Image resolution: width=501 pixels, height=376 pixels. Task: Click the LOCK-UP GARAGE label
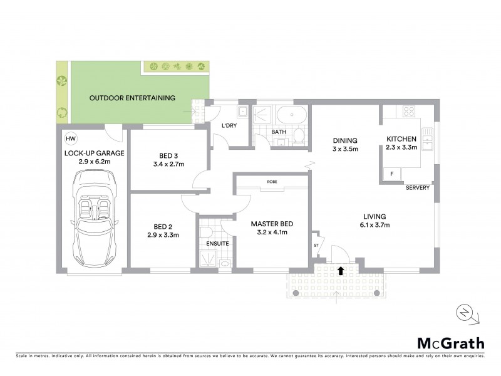pos(95,153)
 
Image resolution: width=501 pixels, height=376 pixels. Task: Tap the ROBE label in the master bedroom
pos(272,182)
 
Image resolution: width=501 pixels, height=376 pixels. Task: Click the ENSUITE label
pos(217,243)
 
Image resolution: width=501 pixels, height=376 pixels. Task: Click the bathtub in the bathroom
pos(292,116)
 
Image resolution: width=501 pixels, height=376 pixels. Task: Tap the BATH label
pos(279,132)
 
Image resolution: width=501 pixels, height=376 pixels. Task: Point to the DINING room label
pos(344,140)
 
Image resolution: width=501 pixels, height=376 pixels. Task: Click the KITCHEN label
pos(401,138)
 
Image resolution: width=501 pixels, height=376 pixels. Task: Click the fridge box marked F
pos(392,173)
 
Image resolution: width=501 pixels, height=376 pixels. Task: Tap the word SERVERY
pos(417,188)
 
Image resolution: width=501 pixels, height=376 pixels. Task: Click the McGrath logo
pos(451,343)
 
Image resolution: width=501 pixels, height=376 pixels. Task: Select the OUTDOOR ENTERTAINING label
pos(132,98)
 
